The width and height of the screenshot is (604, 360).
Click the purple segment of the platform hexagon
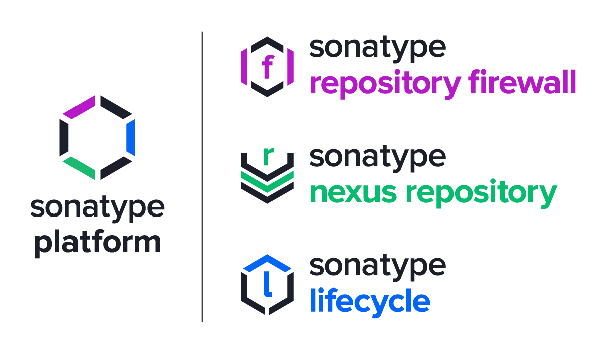pos(80,106)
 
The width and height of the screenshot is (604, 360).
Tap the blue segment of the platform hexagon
pos(131,137)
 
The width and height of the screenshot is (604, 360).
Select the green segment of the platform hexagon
pos(79,168)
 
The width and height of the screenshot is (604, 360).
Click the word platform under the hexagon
pos(97,243)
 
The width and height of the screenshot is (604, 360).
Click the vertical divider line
pos(202,176)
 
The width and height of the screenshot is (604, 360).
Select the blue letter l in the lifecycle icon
pos(267,285)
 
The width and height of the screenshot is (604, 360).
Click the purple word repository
pos(385,84)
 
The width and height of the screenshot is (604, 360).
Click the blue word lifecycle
pos(369,301)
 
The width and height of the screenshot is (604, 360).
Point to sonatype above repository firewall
pos(377,49)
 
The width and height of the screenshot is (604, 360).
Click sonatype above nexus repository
pos(377,158)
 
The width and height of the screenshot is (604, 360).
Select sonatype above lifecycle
pos(377,267)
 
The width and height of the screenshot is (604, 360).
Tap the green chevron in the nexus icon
pos(267,180)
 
